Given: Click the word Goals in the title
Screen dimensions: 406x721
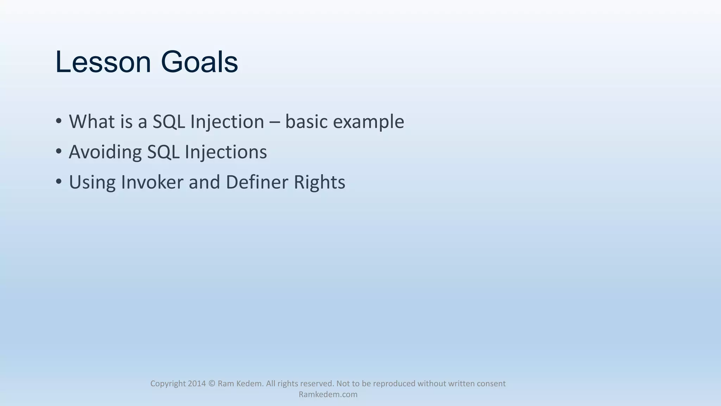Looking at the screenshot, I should (199, 62).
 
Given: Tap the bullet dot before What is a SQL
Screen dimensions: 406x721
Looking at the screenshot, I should (59, 121).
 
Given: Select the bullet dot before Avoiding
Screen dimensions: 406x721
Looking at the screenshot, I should (59, 151).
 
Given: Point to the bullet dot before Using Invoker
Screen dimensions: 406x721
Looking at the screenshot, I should (59, 182).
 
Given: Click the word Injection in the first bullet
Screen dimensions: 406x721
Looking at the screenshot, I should (227, 122).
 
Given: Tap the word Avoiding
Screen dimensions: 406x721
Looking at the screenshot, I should (105, 152).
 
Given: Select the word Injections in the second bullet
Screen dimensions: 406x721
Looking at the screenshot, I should (226, 152).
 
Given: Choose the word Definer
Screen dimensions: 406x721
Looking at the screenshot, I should (257, 182).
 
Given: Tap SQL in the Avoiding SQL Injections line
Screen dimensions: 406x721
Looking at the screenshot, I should (163, 152).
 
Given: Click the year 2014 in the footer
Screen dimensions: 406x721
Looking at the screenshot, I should (196, 383).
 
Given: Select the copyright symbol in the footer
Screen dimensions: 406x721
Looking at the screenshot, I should (212, 383).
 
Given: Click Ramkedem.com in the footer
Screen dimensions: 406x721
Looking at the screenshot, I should (328, 394).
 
